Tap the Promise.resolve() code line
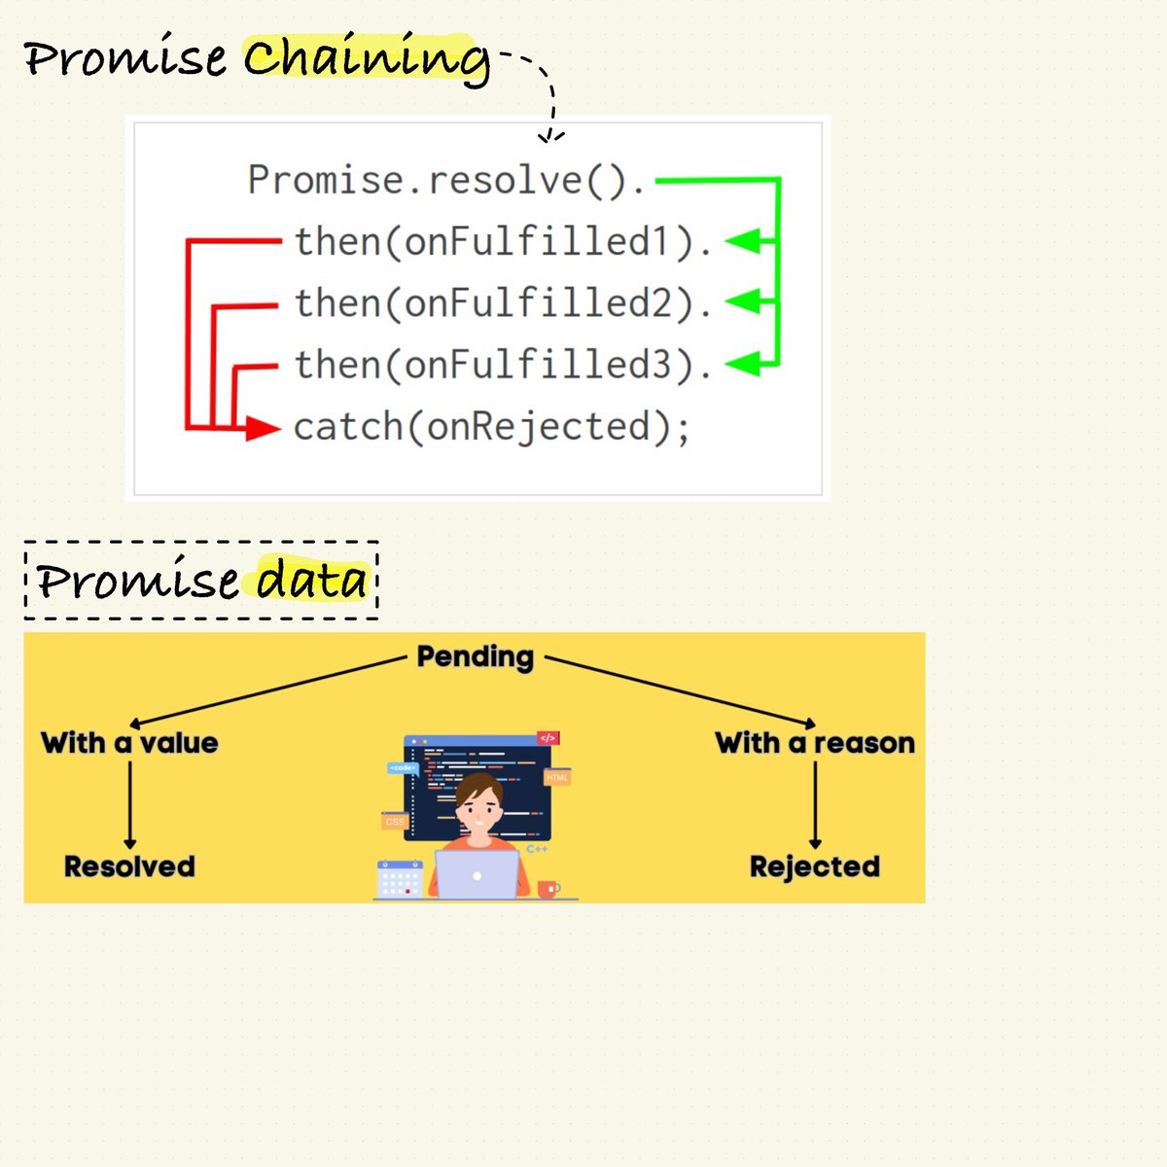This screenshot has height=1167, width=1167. click(446, 181)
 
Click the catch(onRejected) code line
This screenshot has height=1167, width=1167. click(492, 427)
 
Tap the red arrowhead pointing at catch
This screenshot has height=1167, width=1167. click(262, 427)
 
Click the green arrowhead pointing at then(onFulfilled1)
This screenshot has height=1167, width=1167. click(743, 241)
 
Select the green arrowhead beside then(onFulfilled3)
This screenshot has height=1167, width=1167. click(743, 365)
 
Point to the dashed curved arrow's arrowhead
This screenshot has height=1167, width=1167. click(550, 137)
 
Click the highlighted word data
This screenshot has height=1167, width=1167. click(312, 582)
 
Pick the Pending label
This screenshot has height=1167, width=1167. click(476, 657)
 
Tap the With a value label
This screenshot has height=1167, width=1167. click(129, 743)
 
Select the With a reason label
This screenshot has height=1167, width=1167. click(815, 743)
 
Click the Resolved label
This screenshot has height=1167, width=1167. click(129, 866)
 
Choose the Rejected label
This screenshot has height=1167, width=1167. click(815, 866)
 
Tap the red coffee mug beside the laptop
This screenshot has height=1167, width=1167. click(548, 889)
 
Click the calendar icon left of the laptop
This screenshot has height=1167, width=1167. click(399, 879)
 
